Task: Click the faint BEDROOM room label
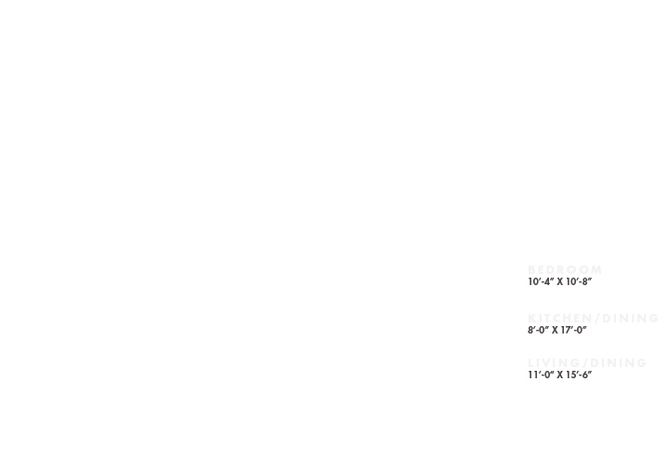pos(565,270)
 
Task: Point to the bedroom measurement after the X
pos(580,281)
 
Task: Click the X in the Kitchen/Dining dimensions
pos(556,330)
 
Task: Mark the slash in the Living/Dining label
pos(586,363)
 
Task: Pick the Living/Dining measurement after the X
pos(580,375)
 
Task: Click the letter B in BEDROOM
pos(532,270)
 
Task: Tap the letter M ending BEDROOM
pos(596,270)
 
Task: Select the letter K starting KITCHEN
pos(532,319)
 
